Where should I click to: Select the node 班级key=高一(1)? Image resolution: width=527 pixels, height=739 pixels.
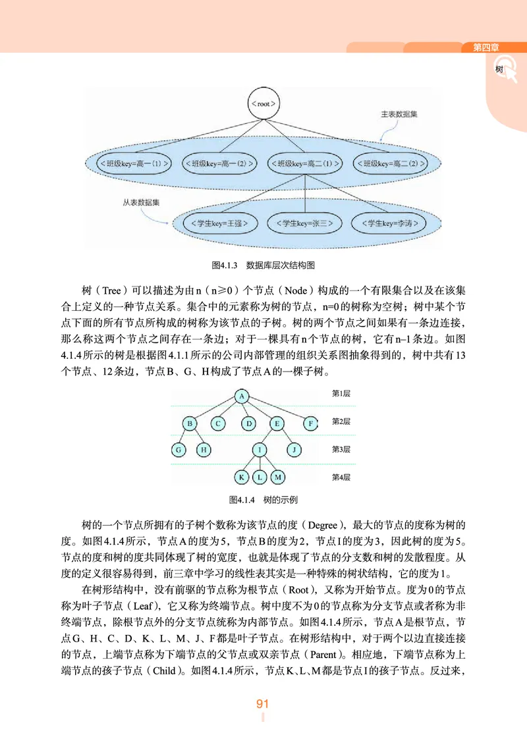[134, 161]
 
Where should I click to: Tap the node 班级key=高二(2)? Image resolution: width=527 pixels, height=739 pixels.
[390, 161]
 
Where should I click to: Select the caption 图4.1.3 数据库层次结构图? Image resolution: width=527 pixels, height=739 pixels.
[263, 265]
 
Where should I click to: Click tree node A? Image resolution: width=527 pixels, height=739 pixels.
[242, 396]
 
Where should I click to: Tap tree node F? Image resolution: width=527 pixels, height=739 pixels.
[310, 424]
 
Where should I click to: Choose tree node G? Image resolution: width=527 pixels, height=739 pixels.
[177, 450]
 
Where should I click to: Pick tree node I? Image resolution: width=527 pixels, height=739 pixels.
[260, 450]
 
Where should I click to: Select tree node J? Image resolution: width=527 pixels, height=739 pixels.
[294, 450]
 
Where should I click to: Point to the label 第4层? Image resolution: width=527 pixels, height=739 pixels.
[341, 477]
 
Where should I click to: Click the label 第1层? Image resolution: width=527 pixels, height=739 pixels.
[341, 393]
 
